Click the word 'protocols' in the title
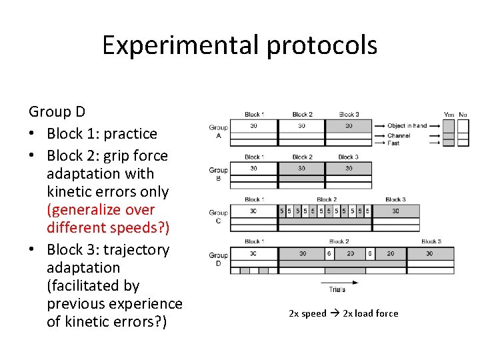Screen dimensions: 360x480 tap(322, 45)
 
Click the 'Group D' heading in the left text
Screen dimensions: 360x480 tap(57, 111)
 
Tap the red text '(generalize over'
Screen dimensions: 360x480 tap(101, 209)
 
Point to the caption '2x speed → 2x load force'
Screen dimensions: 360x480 tap(343, 313)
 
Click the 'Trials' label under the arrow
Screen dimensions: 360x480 tap(337, 289)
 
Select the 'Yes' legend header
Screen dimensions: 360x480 tap(449, 115)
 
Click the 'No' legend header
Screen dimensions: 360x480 tap(463, 115)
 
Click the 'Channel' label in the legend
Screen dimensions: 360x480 tap(399, 135)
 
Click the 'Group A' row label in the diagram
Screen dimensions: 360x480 tap(218, 131)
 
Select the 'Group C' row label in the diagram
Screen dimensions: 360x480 tap(218, 217)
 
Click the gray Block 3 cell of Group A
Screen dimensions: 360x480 tap(349, 125)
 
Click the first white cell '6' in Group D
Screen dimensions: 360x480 tap(329, 253)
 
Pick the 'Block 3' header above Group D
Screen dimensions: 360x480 tap(431, 241)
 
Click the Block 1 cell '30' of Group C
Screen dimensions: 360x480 tap(253, 211)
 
